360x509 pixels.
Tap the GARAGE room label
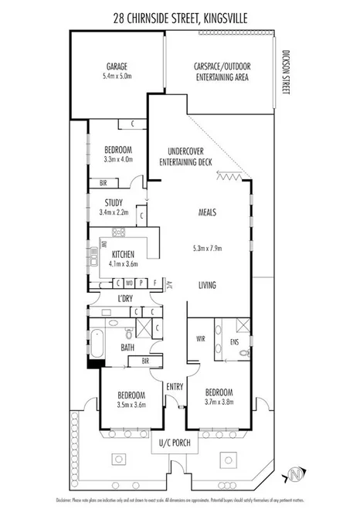[117, 67]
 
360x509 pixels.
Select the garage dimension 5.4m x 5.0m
[117, 77]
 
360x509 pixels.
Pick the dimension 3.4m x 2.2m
[114, 212]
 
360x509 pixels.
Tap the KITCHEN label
[124, 254]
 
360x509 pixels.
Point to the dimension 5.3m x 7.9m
[207, 249]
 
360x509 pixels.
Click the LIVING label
[207, 286]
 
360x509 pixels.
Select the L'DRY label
[126, 298]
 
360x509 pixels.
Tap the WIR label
[201, 338]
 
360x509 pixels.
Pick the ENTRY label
[174, 387]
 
